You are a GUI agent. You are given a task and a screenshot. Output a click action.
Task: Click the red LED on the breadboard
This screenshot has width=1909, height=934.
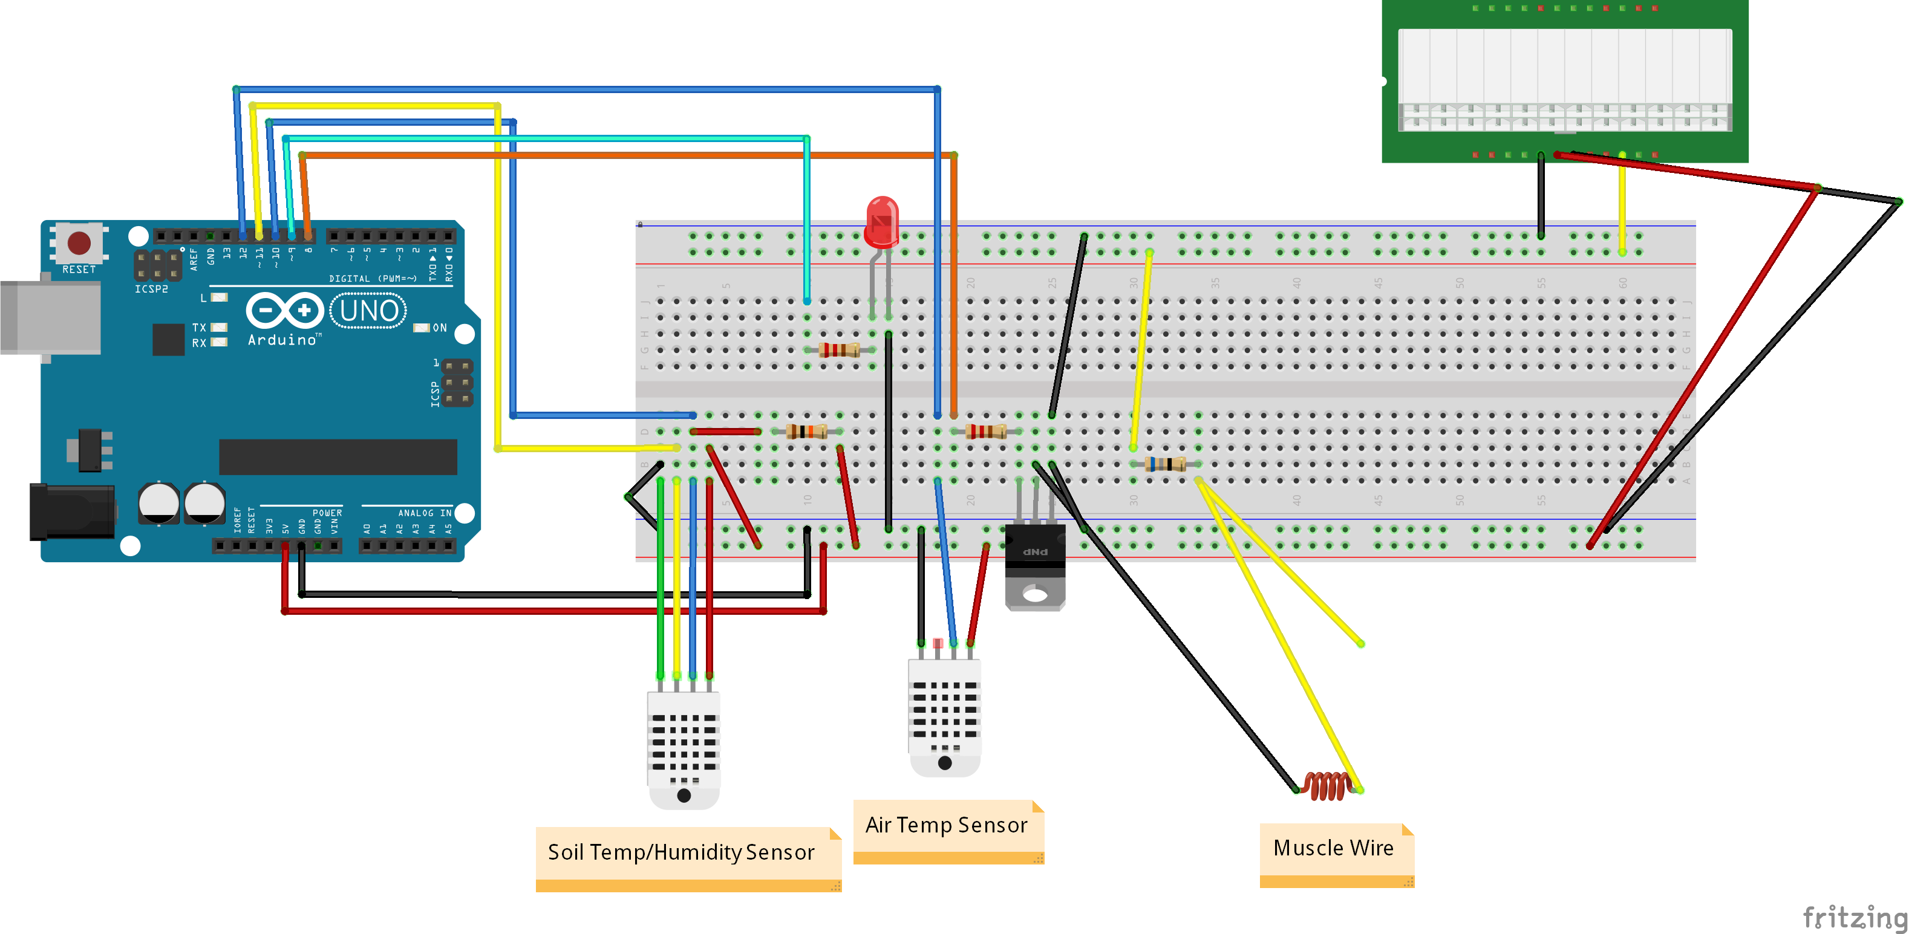click(882, 221)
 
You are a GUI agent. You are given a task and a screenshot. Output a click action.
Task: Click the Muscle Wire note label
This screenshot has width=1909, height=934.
click(1334, 849)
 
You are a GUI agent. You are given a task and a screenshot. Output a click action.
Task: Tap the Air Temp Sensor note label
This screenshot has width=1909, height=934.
click(947, 825)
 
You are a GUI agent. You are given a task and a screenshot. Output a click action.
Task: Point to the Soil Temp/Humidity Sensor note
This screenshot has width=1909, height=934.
click(682, 852)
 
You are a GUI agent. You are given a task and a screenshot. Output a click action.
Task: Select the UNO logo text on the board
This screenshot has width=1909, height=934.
click(368, 311)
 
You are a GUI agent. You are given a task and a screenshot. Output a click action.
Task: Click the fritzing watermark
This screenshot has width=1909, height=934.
click(1855, 917)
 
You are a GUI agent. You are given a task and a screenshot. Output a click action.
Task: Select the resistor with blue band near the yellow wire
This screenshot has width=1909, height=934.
click(1165, 464)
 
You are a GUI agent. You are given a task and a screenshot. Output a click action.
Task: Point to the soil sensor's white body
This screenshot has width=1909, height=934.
click(684, 744)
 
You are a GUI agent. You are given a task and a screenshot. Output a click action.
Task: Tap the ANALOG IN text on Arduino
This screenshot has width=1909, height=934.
click(425, 513)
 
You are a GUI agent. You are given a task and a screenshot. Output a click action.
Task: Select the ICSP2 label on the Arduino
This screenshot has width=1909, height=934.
click(151, 289)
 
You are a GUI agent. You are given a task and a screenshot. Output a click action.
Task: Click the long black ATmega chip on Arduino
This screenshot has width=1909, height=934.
click(338, 456)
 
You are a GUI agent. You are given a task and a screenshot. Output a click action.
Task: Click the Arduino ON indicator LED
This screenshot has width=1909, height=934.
click(422, 328)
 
